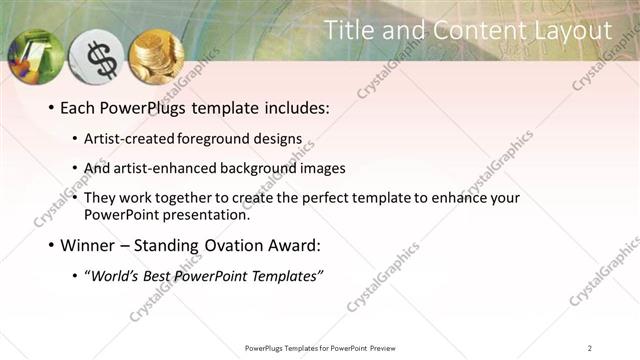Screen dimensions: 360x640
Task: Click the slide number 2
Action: [589, 347]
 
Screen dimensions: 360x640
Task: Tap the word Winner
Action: [89, 244]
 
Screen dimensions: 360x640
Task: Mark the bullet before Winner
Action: [51, 244]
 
